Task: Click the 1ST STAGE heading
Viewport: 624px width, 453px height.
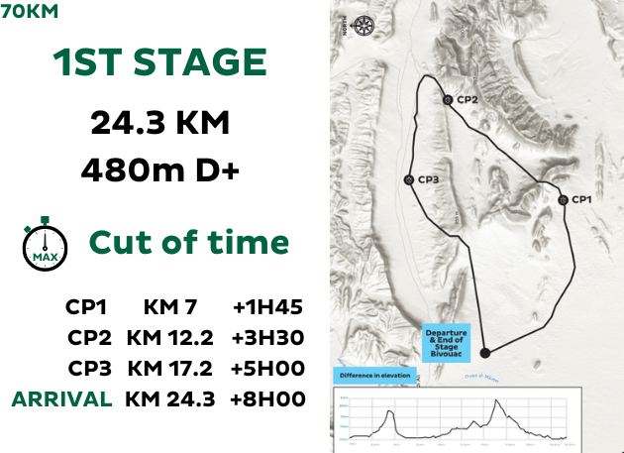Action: click(x=160, y=64)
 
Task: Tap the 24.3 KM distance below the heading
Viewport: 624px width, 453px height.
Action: click(x=160, y=123)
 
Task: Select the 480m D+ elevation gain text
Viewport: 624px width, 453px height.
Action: click(x=160, y=171)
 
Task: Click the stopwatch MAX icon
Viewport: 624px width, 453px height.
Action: click(x=45, y=243)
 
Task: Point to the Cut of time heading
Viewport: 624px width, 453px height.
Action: click(x=188, y=243)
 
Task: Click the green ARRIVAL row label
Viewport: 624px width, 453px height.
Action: click(x=61, y=399)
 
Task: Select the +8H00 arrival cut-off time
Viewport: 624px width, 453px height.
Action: click(x=267, y=399)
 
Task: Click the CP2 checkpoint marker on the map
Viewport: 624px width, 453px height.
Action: click(x=448, y=100)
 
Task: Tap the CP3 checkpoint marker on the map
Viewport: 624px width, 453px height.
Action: click(x=408, y=179)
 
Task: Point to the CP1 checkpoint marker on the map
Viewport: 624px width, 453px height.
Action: click(x=563, y=200)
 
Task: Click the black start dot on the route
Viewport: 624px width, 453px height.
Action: click(x=485, y=352)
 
